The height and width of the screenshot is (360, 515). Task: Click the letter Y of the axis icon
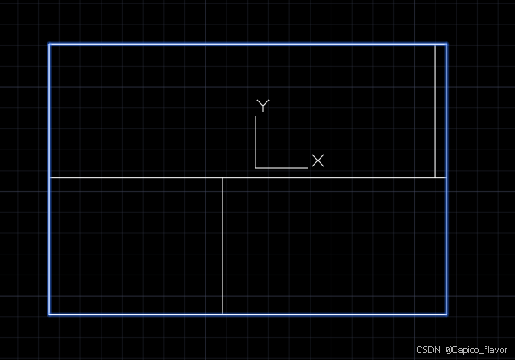click(x=263, y=106)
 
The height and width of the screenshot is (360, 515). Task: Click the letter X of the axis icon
click(x=318, y=161)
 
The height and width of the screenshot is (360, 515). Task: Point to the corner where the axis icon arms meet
click(x=255, y=168)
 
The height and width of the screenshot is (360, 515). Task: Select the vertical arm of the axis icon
click(x=255, y=142)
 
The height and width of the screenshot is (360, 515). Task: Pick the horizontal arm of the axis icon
click(x=282, y=168)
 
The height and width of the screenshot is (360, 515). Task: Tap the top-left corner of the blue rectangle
click(x=49, y=44)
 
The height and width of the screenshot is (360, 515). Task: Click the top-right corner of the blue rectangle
click(x=447, y=44)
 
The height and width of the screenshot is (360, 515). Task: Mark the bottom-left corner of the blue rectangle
click(x=49, y=314)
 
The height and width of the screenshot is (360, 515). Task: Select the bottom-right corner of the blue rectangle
click(x=447, y=314)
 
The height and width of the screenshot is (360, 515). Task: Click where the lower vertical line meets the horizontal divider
click(x=222, y=178)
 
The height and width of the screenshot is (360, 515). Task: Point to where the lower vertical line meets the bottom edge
click(x=222, y=314)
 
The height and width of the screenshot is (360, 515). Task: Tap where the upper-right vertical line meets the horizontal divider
click(x=435, y=178)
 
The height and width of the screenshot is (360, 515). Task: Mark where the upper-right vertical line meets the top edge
click(x=435, y=44)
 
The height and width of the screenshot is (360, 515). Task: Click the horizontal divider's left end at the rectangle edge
click(x=49, y=178)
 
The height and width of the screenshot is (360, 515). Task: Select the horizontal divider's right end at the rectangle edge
click(x=447, y=178)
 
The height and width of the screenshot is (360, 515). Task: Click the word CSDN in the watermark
click(x=428, y=349)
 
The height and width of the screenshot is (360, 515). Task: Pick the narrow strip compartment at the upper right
click(x=441, y=111)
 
